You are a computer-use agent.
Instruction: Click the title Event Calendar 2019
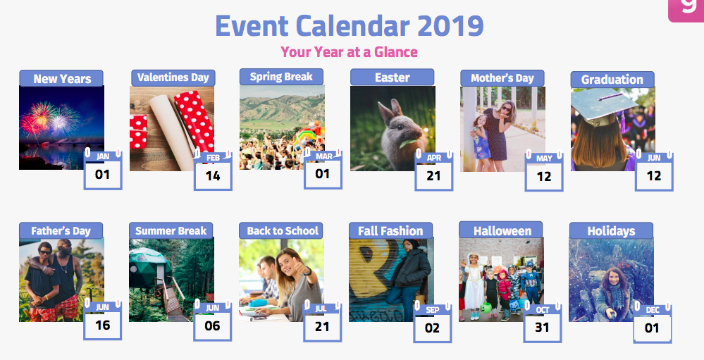pos(350,26)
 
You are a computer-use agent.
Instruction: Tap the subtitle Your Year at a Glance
pos(349,52)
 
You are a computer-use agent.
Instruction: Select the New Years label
pos(61,79)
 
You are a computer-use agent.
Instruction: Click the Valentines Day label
pos(173,77)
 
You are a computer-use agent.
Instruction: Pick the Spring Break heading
pos(281,77)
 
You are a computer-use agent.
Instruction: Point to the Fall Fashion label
pos(390,230)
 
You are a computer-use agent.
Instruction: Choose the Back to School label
pos(280,230)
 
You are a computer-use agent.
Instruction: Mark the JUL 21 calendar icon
pos(322,321)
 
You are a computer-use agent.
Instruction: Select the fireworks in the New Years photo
pos(49,120)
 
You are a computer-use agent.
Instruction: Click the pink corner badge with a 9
pos(686,10)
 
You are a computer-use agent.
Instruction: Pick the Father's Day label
pos(61,230)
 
